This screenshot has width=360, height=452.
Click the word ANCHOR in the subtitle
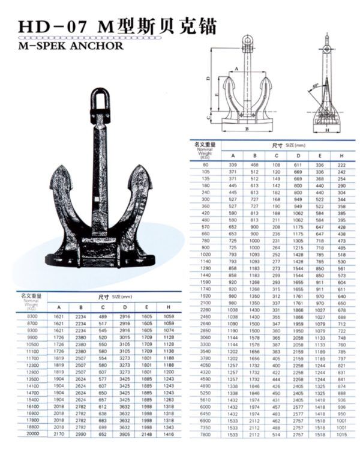(97, 45)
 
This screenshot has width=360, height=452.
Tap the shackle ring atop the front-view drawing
(247, 41)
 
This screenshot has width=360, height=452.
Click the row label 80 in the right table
(206, 164)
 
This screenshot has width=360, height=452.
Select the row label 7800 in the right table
(206, 433)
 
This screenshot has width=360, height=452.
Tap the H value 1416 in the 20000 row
(169, 433)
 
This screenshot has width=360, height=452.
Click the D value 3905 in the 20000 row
(125, 433)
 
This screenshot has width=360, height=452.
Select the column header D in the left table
(125, 307)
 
